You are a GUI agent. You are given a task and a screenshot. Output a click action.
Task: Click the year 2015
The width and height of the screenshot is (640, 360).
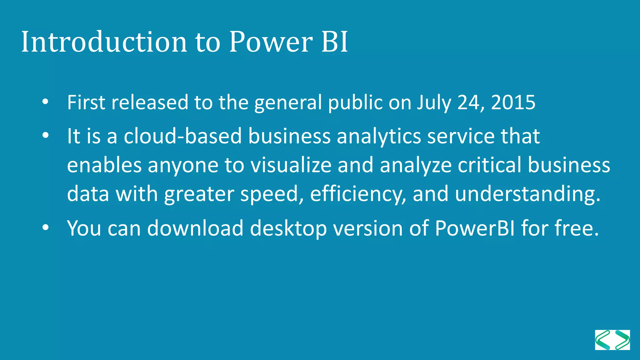point(513,102)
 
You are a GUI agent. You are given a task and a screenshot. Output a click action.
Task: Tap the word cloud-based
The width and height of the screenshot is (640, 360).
point(183,136)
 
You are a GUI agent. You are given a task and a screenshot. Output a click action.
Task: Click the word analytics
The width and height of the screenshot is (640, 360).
point(379,137)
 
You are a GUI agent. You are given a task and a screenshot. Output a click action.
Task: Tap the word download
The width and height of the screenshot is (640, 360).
point(195,228)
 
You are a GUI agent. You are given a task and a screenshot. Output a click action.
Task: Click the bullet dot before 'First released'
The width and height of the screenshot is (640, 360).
point(46,102)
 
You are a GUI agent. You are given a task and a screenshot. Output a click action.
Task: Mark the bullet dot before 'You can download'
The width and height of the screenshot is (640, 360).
point(46,227)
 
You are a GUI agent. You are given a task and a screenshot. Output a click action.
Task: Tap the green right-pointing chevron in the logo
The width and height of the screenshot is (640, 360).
point(622,340)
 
